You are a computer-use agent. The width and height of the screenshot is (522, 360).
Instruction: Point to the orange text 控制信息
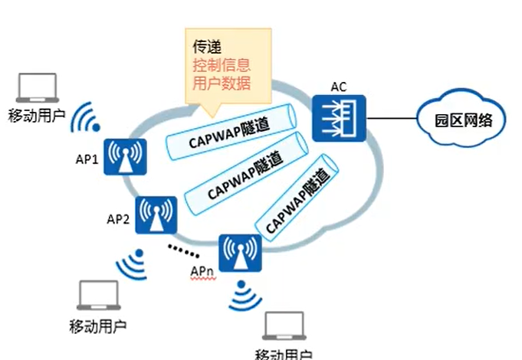[222, 64]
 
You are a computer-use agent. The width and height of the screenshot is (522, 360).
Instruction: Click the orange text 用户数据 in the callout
[222, 82]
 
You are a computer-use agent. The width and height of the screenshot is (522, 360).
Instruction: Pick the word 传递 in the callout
[206, 46]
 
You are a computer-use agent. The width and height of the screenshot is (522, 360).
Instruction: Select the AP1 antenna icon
[126, 157]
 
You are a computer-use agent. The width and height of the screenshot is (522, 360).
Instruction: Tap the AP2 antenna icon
[156, 215]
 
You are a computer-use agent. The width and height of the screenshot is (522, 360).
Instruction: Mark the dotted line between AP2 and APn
[184, 250]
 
